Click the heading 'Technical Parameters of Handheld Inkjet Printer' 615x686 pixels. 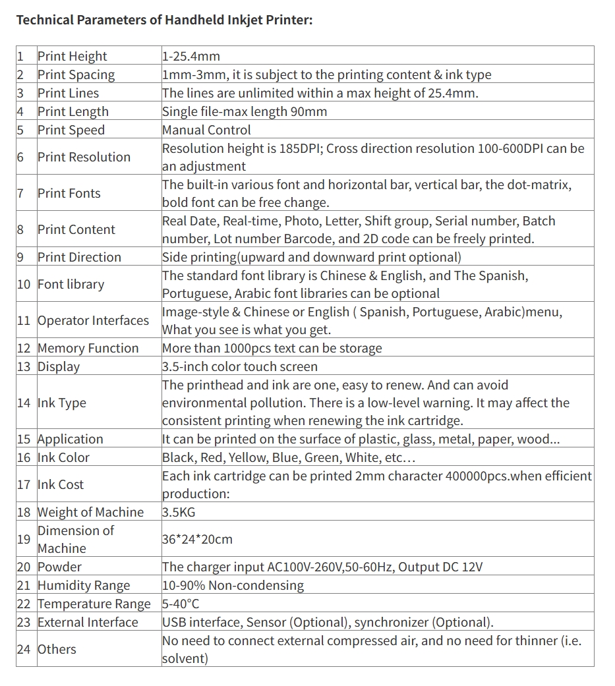coord(164,20)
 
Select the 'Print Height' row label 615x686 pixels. coord(72,57)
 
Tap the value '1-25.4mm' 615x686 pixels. coord(190,57)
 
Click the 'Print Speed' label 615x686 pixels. coord(71,130)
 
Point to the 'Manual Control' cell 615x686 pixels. coord(206,130)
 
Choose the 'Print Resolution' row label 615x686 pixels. coord(84,157)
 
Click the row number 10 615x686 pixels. coord(24,285)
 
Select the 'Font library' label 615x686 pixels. coord(71,285)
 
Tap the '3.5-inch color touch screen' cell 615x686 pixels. coord(240,367)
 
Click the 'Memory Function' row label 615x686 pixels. coord(88,349)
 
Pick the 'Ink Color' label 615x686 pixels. coord(63,458)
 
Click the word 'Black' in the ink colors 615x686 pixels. coord(178,458)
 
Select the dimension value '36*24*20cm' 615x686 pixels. coord(197,540)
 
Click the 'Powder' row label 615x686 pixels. coord(59,567)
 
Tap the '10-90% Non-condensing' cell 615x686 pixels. coord(233,586)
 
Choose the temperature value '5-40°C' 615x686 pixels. coord(181,604)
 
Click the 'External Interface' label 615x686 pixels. coord(88,623)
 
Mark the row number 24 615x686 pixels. coord(24,650)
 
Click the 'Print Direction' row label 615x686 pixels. coord(79,258)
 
